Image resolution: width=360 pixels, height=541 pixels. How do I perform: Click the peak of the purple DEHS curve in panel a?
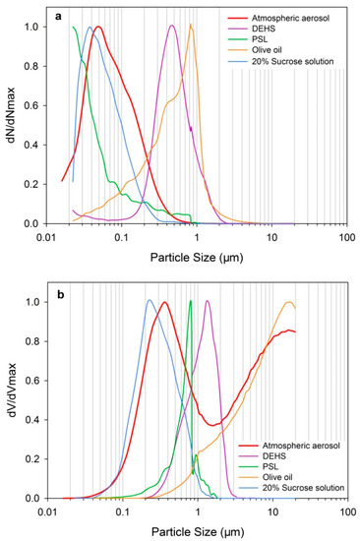[x=172, y=26]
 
